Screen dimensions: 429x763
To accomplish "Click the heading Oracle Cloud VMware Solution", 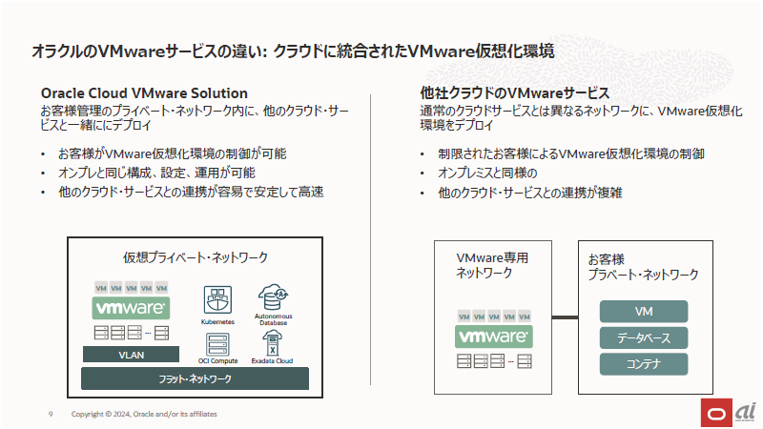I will point(144,93).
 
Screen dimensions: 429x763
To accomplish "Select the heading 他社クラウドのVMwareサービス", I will point(514,93).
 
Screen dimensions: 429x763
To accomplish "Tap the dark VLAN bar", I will point(131,355).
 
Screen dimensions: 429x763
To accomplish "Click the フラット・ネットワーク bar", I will point(195,378).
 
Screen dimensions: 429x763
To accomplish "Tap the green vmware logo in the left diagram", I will point(131,308).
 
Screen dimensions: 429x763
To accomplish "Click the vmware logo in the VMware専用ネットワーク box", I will point(494,337).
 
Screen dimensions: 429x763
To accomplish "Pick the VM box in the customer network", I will point(643,312).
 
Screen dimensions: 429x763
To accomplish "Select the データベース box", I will point(643,338).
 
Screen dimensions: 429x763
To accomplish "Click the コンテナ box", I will point(643,364).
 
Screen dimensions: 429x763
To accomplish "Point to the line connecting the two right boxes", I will point(566,317).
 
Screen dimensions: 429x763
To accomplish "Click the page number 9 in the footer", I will point(50,414).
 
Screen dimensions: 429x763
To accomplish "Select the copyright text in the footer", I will point(138,414).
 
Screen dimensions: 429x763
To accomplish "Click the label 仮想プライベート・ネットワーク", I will point(196,257).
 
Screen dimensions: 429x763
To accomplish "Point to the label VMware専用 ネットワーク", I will point(492,265).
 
